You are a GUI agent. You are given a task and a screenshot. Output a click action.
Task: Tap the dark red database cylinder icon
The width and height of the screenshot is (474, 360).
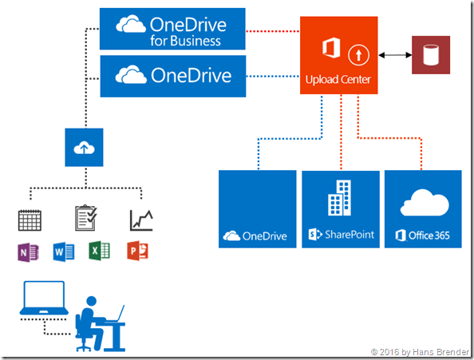[430, 56]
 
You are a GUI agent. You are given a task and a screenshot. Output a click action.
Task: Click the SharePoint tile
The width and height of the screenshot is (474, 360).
[341, 209]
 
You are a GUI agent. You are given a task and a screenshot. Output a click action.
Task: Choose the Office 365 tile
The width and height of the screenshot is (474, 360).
[423, 209]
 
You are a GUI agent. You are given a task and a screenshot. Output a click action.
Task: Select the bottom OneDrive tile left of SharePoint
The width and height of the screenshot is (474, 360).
[258, 209]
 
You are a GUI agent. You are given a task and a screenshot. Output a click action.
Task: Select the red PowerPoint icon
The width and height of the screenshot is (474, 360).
[137, 252]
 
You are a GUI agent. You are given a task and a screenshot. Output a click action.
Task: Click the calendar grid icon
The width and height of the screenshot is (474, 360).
[30, 220]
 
